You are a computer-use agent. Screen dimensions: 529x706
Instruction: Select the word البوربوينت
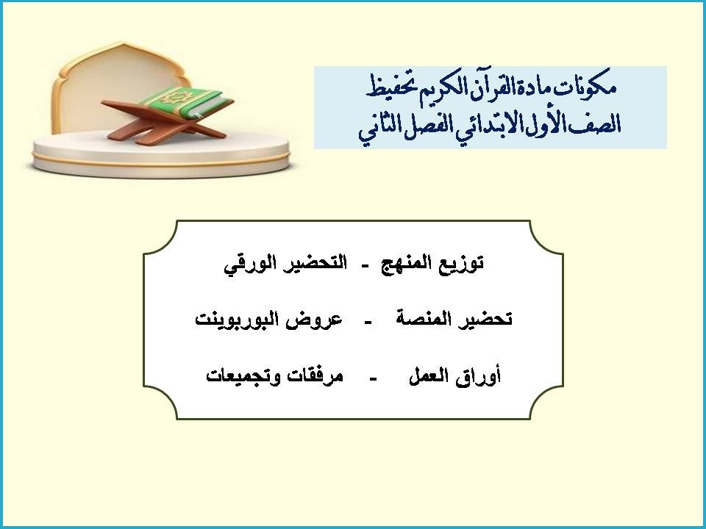click(240, 320)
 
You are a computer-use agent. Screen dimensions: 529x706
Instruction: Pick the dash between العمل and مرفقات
click(373, 378)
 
